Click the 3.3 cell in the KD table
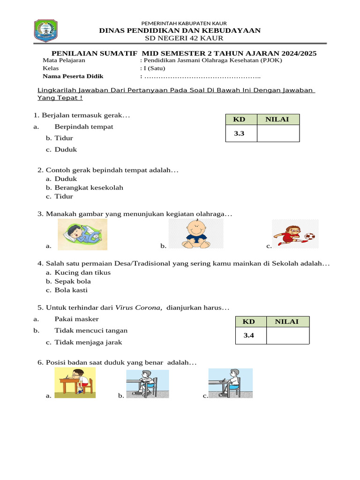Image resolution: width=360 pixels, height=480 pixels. [239, 134]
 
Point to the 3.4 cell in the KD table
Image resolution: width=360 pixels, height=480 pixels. [248, 335]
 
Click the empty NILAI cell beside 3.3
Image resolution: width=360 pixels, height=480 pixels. [278, 134]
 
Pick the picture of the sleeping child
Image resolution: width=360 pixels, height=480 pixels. [82, 234]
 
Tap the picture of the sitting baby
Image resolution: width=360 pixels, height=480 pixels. [196, 234]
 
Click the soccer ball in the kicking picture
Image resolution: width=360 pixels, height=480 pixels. [309, 236]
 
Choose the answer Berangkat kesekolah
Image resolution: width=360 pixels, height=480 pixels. [89, 187]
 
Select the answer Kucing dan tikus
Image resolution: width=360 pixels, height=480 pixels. [82, 272]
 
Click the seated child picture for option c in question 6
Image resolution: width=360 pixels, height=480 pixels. [231, 382]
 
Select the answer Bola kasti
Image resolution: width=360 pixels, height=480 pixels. [71, 290]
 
